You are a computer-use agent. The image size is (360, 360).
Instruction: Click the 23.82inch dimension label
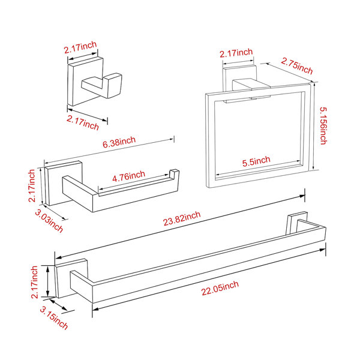182,218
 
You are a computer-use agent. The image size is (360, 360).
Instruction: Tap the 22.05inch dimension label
220,288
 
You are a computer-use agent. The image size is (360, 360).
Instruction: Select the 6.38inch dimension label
119,142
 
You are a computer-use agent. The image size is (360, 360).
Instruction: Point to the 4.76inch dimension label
128,176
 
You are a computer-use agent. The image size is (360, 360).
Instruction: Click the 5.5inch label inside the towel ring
256,161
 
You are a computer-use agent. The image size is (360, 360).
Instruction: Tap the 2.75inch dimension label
297,66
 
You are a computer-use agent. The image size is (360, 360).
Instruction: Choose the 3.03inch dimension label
49,221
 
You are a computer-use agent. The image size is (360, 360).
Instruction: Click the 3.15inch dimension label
54,318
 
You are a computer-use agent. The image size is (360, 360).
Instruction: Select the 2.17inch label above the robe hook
80,47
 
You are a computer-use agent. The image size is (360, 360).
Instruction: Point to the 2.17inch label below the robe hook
83,123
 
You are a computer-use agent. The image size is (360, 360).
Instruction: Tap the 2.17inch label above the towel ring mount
236,53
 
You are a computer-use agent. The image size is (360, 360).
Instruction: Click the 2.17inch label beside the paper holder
31,186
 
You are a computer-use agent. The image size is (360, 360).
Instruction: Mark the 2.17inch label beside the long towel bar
34,282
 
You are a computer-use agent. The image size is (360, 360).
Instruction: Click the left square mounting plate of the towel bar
71,278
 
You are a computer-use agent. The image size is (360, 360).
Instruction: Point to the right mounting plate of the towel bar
296,222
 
